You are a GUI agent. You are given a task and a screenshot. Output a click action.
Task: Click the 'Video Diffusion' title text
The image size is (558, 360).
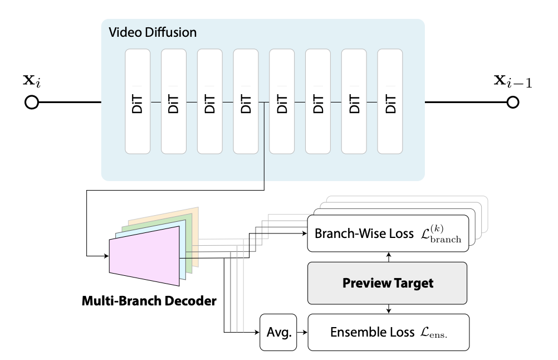click(x=153, y=32)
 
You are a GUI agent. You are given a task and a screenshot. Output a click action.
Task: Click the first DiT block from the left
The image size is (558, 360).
click(x=138, y=101)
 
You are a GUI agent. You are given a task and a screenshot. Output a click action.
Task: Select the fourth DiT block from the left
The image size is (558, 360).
click(x=246, y=101)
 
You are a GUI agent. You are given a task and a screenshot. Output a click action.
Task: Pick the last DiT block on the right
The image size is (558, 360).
click(x=390, y=101)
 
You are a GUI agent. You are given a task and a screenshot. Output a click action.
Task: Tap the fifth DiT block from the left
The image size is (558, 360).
click(x=282, y=101)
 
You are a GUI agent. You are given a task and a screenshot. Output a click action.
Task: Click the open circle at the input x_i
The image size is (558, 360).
click(x=32, y=103)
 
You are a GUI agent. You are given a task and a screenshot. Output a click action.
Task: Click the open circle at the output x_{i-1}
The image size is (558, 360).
click(x=512, y=103)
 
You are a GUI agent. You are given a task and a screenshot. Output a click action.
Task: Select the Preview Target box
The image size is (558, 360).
click(x=388, y=283)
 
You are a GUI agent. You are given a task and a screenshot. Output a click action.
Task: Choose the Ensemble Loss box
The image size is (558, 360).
click(x=388, y=333)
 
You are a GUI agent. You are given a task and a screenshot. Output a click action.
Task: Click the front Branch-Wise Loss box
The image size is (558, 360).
click(x=388, y=233)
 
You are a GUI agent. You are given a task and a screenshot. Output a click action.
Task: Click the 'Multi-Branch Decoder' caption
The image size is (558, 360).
click(x=149, y=301)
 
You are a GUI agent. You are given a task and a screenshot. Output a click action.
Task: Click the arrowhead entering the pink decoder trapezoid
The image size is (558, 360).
click(x=106, y=256)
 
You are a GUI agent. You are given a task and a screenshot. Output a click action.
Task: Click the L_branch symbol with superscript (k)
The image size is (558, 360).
click(x=442, y=233)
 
